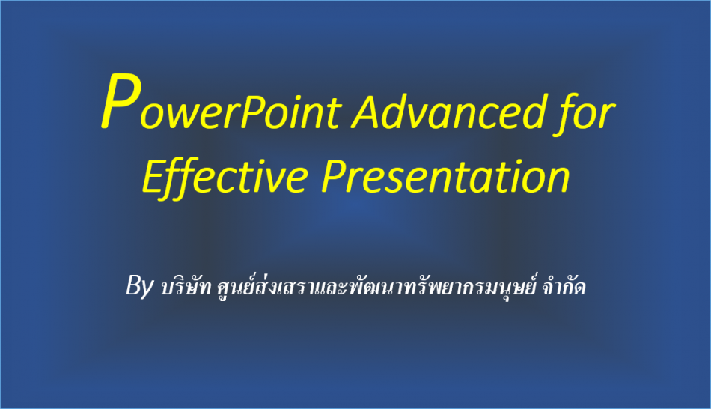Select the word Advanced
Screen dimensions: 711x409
pos(449,111)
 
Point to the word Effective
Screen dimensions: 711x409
pos(225,178)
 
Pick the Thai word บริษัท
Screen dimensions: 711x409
pos(186,286)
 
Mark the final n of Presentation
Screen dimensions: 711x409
pos(558,181)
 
